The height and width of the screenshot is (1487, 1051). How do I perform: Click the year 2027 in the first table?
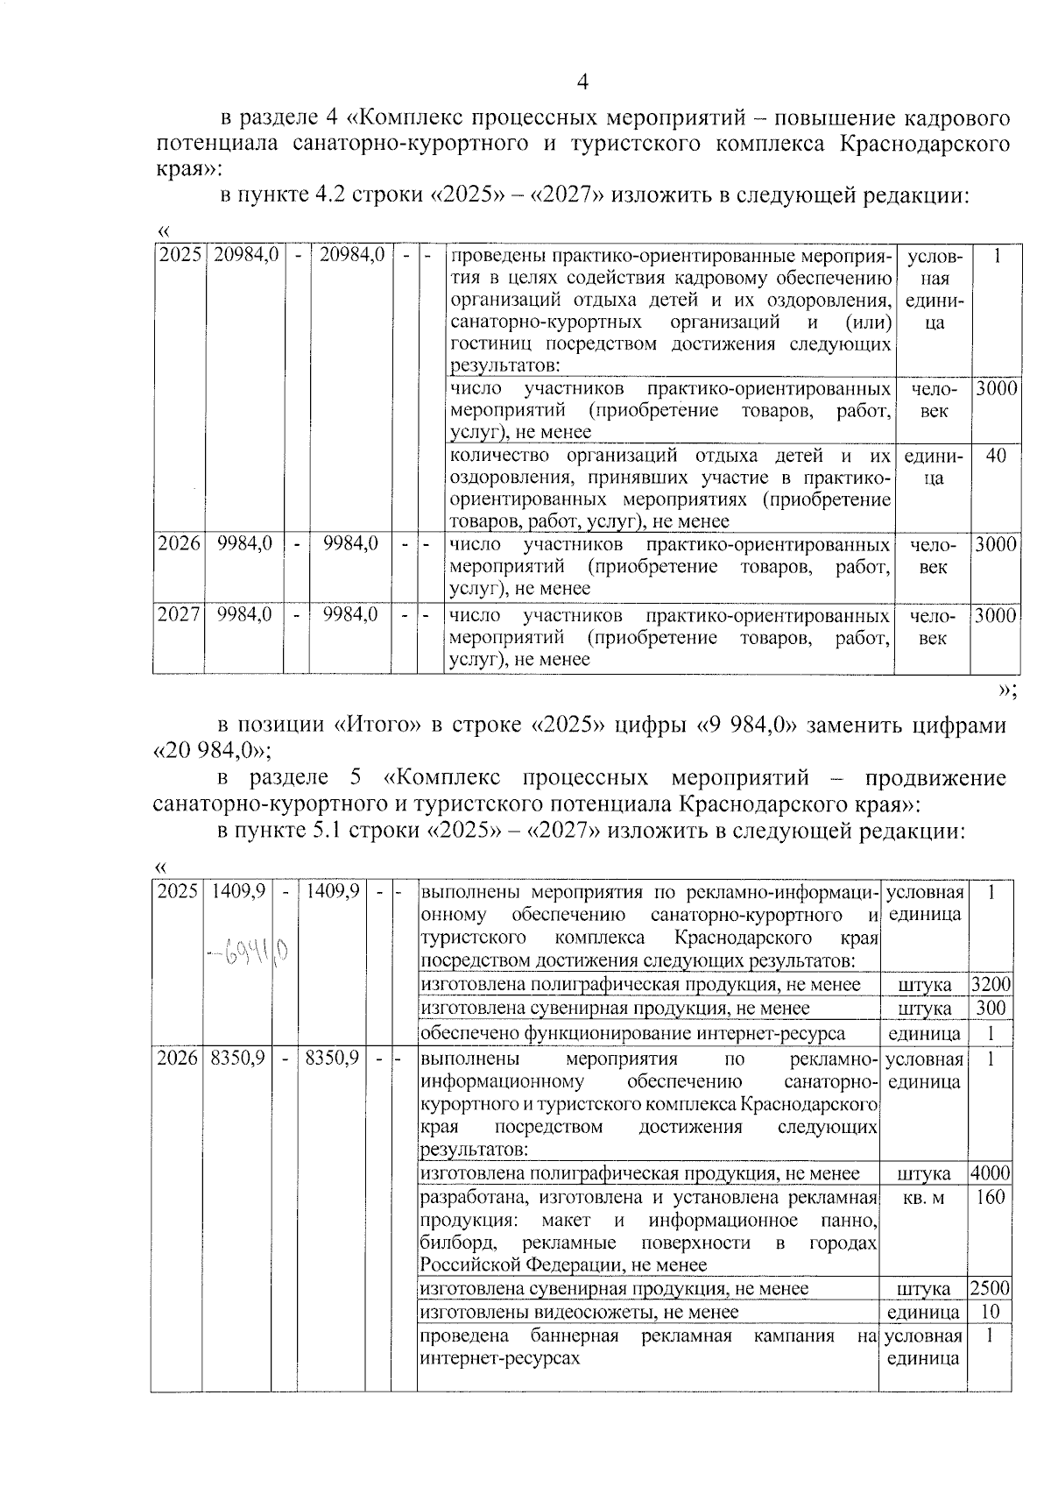[179, 615]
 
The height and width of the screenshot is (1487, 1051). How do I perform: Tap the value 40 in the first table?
[996, 456]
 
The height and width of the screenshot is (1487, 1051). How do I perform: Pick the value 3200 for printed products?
[990, 985]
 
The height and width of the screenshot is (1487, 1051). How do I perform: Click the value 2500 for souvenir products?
[990, 1288]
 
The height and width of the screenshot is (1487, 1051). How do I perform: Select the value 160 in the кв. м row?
[990, 1197]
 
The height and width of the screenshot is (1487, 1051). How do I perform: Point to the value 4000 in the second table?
[990, 1173]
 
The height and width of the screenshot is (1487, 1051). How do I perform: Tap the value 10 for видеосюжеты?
[990, 1312]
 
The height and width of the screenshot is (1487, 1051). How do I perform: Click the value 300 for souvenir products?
[990, 1009]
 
